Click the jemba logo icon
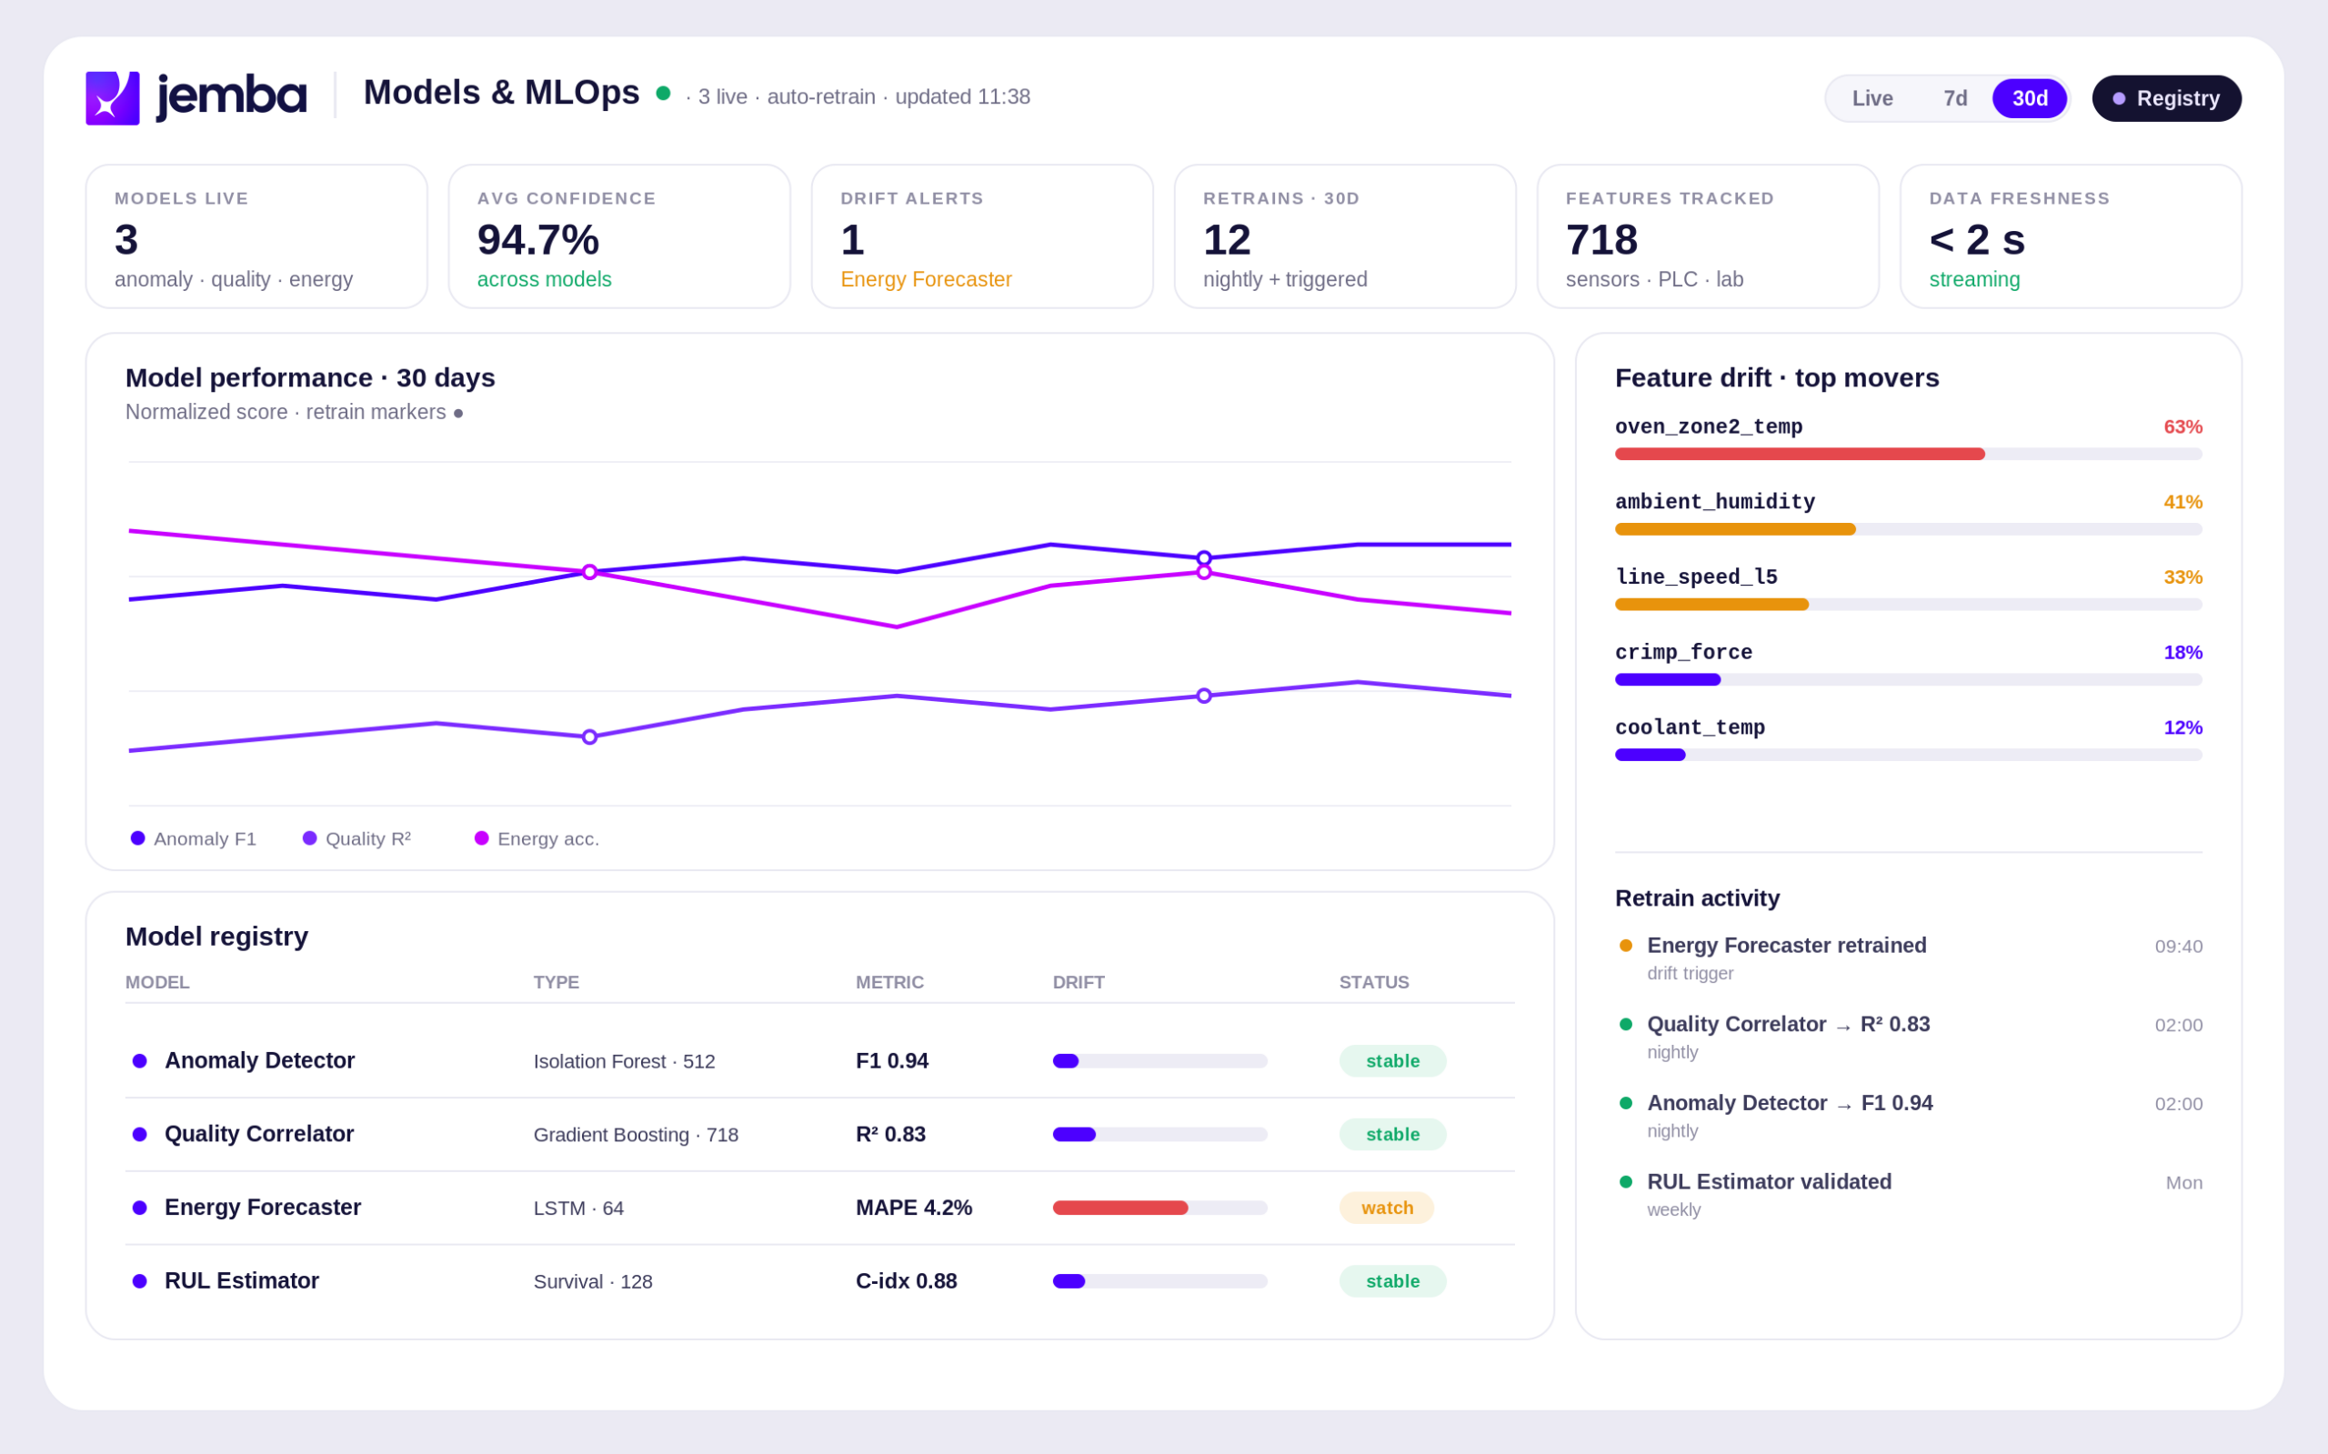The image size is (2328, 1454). [113, 98]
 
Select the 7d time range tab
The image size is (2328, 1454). [1955, 99]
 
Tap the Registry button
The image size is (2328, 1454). [2165, 99]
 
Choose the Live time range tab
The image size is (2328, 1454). [1871, 99]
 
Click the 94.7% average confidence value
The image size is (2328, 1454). [537, 240]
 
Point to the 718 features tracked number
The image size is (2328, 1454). [1601, 240]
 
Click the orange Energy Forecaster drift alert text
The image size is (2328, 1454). [926, 280]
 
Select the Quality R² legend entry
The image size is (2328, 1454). [356, 838]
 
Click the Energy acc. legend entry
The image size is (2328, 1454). [537, 838]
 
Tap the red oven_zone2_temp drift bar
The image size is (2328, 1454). [1799, 454]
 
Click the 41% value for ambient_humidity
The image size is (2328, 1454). [2182, 502]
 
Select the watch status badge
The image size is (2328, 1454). [1387, 1208]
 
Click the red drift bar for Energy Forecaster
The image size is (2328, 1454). [1120, 1208]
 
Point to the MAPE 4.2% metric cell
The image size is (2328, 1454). [914, 1208]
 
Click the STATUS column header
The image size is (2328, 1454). [1374, 983]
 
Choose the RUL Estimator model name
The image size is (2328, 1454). [241, 1281]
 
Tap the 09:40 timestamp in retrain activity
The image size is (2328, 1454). [2178, 947]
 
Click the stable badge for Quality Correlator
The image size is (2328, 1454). [1392, 1135]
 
